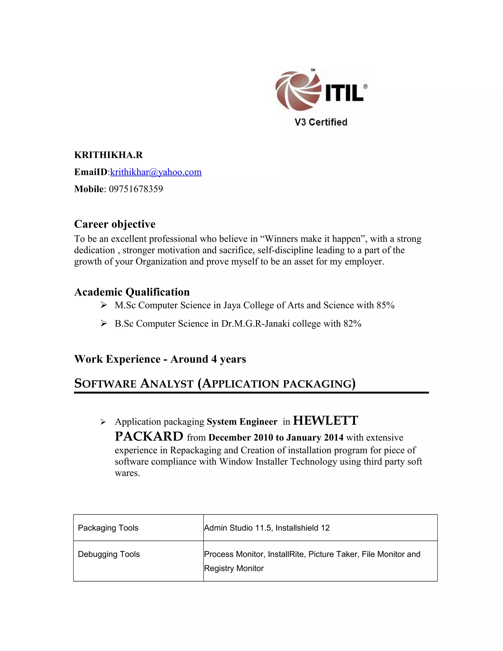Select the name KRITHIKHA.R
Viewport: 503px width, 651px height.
click(x=109, y=155)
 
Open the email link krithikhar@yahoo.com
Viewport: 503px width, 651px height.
click(x=156, y=172)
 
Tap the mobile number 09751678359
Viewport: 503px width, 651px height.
click(x=136, y=189)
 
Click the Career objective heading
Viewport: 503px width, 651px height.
click(x=115, y=224)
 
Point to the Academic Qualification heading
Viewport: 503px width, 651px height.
click(x=132, y=292)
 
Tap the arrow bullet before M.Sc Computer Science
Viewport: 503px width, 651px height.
click(x=103, y=305)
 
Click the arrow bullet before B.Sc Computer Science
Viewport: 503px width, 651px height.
click(x=103, y=324)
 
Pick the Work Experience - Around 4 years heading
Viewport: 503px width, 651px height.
click(x=160, y=359)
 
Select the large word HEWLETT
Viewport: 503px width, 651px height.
click(x=325, y=421)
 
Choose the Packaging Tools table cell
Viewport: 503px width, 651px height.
click(x=108, y=528)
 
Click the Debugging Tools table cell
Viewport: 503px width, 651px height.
click(x=109, y=554)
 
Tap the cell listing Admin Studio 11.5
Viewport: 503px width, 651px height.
click(x=267, y=528)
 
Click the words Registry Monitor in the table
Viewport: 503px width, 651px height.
click(x=234, y=568)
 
